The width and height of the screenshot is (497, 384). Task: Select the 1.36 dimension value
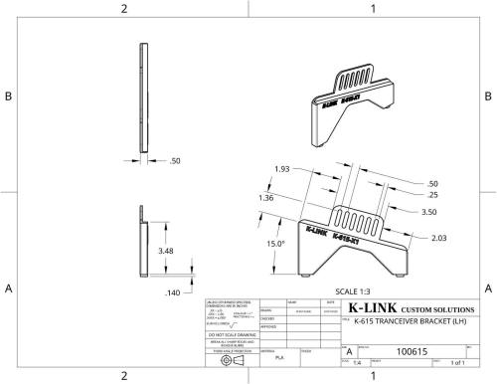click(x=265, y=199)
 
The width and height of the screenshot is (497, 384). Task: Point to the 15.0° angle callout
click(x=273, y=242)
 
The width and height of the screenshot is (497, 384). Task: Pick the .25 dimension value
click(x=432, y=195)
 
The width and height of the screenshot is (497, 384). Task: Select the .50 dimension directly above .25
click(x=432, y=184)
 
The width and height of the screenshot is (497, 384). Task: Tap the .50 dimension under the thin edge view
click(x=175, y=160)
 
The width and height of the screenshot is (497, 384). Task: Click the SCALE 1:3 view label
click(x=354, y=289)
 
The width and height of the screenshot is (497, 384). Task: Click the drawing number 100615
click(x=413, y=351)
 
